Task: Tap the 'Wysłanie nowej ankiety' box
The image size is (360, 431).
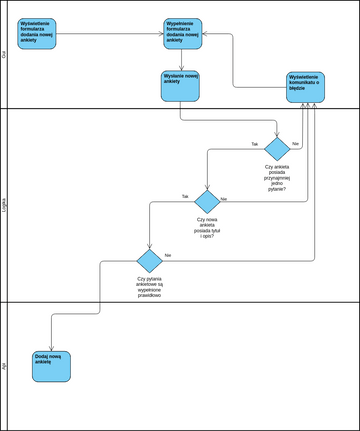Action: pos(181,85)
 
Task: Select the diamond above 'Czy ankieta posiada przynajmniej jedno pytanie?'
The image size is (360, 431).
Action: pos(277,149)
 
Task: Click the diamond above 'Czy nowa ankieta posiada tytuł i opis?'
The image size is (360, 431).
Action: pos(207,201)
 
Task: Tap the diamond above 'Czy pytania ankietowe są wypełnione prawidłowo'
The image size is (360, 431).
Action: pos(149,260)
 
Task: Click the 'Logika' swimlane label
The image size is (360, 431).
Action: pos(4,205)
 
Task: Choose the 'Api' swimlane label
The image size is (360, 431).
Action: pos(4,366)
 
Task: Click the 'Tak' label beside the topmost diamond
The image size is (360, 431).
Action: pos(254,144)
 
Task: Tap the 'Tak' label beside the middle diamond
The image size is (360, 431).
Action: pos(184,196)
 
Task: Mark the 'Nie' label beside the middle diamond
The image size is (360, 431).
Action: pos(224,198)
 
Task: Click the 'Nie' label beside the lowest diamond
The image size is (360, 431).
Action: pos(167,255)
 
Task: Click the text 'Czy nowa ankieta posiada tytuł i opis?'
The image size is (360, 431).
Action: pos(207,229)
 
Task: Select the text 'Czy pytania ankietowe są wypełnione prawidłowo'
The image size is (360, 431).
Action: pos(149,288)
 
